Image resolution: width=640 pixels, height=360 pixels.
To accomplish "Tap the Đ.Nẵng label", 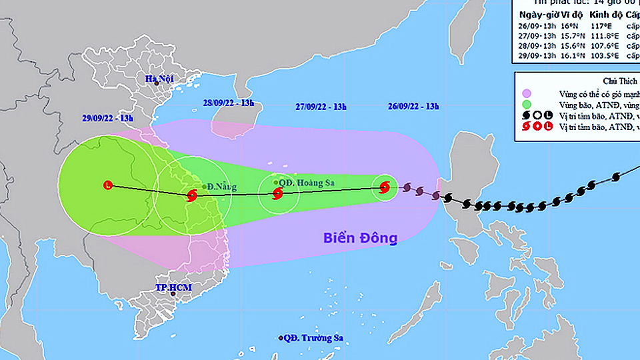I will pyautogui.click(x=221, y=187).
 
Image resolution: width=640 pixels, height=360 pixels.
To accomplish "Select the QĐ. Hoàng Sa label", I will pyautogui.click(x=305, y=182).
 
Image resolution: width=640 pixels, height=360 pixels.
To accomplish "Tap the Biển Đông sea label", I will pyautogui.click(x=360, y=237).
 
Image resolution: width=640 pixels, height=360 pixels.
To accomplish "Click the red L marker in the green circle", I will pyautogui.click(x=108, y=185).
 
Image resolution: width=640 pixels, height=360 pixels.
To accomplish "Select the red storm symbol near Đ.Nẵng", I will pyautogui.click(x=192, y=196).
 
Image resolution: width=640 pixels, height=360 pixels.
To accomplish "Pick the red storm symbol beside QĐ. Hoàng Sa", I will pyautogui.click(x=277, y=194).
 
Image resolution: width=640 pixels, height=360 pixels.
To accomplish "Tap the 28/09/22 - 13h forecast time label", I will pyautogui.click(x=228, y=103).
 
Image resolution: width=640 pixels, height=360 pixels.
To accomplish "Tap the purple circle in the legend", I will pyautogui.click(x=527, y=94).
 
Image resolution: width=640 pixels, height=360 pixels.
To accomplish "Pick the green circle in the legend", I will pyautogui.click(x=527, y=105).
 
